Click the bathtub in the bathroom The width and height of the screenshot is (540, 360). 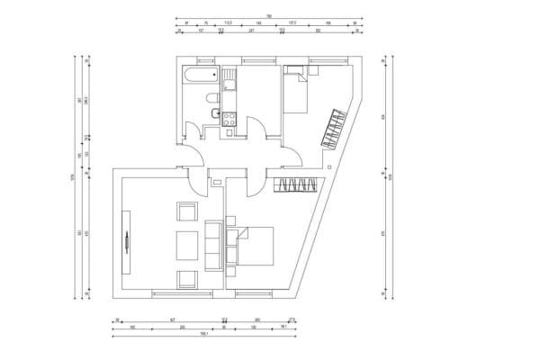(200, 76)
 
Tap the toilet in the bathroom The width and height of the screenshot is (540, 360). (210, 98)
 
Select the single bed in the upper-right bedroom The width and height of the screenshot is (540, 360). (296, 91)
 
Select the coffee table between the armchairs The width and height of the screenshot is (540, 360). (186, 244)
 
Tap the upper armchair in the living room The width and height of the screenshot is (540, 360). (186, 211)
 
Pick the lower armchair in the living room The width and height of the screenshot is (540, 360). (186, 278)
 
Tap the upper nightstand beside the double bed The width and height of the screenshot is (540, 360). (232, 220)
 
